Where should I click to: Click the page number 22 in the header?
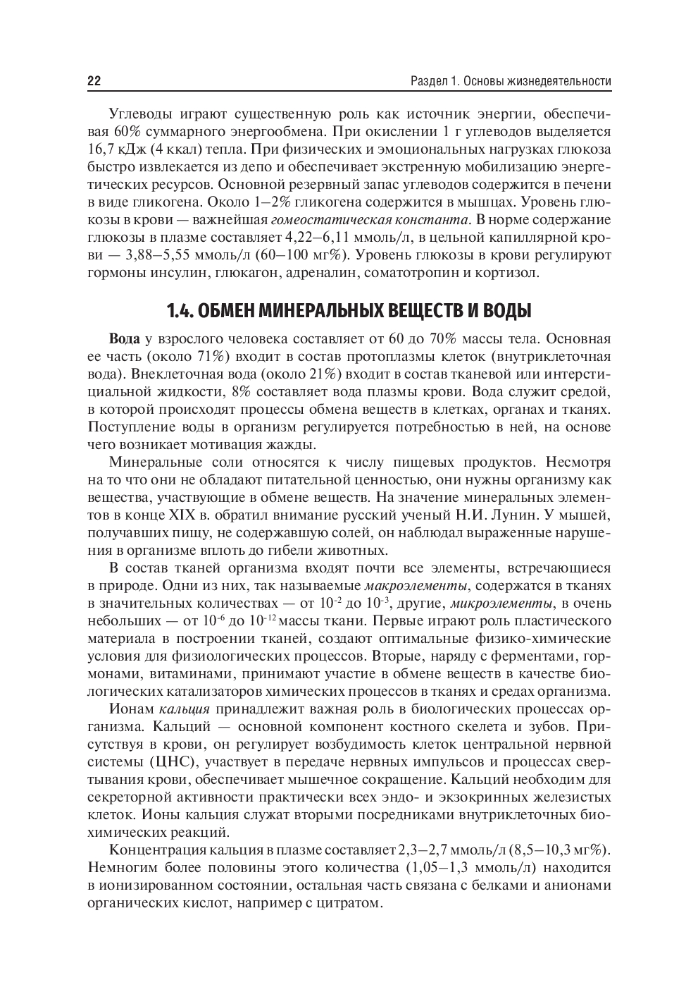click(x=94, y=81)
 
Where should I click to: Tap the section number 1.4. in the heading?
click(x=182, y=310)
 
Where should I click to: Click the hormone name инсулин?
click(x=180, y=271)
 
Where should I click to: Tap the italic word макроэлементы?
click(x=416, y=585)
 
